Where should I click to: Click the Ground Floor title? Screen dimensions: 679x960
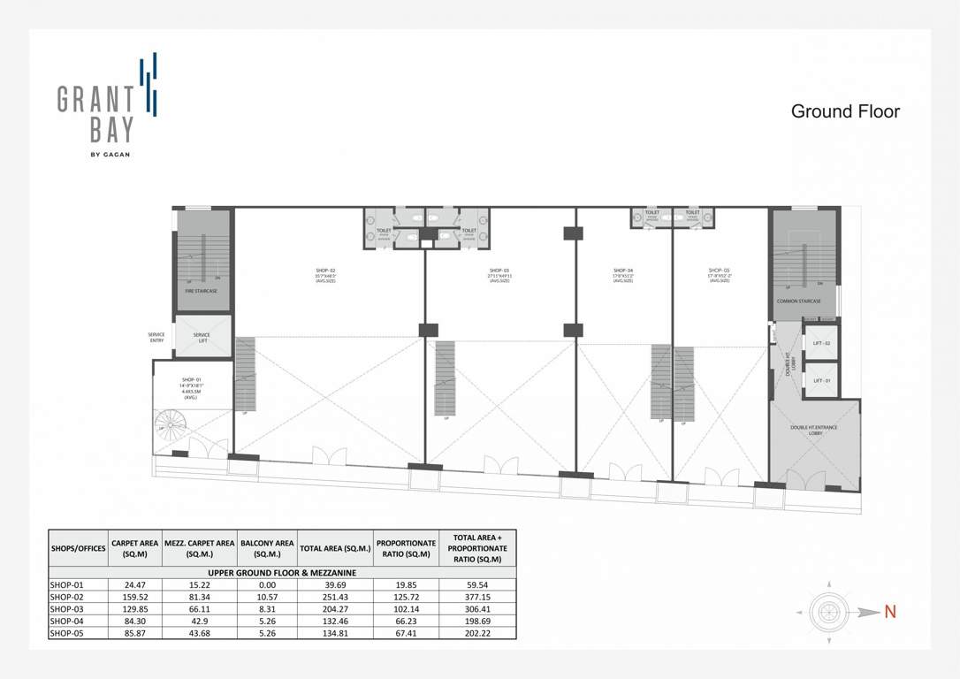[x=845, y=111]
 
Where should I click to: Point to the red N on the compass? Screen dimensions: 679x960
[x=890, y=611]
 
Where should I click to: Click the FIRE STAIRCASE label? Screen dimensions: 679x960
[x=201, y=291]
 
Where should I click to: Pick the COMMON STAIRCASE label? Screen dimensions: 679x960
[x=798, y=301]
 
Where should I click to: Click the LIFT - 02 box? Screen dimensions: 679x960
[x=821, y=342]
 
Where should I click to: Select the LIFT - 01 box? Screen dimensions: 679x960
[x=821, y=380]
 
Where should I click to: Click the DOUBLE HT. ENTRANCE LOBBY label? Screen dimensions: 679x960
[x=815, y=431]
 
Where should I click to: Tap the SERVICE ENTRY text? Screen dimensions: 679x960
[x=156, y=337]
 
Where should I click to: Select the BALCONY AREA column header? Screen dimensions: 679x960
[x=268, y=548]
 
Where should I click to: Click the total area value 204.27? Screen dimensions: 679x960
[x=335, y=609]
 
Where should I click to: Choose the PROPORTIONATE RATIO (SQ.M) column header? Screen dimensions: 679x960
[x=406, y=548]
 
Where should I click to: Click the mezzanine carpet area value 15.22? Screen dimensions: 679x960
[x=199, y=584]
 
